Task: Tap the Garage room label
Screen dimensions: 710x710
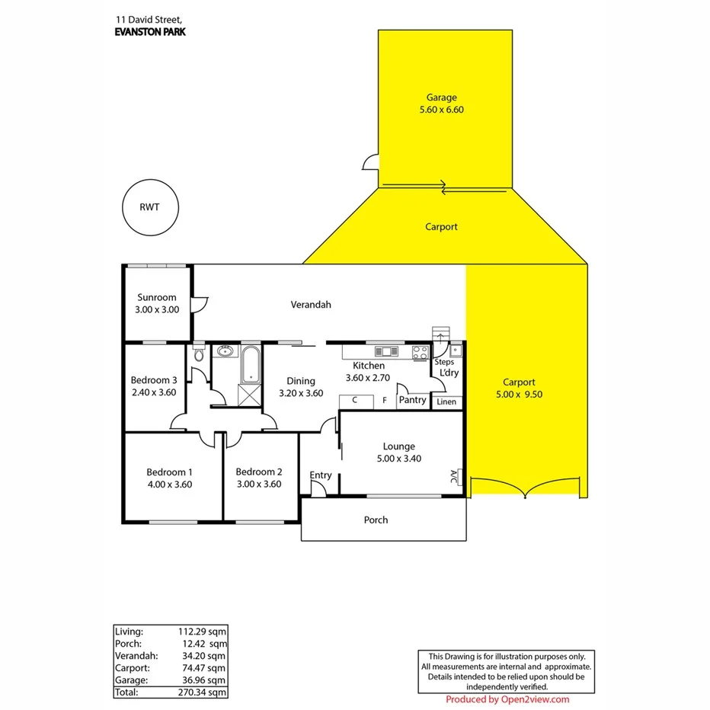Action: (441, 98)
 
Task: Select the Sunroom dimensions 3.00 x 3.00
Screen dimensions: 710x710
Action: (157, 309)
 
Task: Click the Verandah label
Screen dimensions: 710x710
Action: (311, 305)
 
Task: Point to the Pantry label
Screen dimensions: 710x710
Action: (412, 400)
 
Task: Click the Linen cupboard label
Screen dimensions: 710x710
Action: (446, 401)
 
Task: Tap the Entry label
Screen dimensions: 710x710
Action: (321, 475)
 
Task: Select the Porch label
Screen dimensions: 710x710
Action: (376, 520)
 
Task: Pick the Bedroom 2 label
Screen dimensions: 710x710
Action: (259, 472)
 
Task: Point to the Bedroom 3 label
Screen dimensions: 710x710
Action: (154, 380)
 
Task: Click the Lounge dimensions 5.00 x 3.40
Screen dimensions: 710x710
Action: (399, 459)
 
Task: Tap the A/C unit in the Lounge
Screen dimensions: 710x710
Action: (454, 477)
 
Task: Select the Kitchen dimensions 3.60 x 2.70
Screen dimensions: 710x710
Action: (368, 377)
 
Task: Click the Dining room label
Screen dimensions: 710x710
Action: (300, 382)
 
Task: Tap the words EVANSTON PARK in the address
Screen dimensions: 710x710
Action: (149, 31)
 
